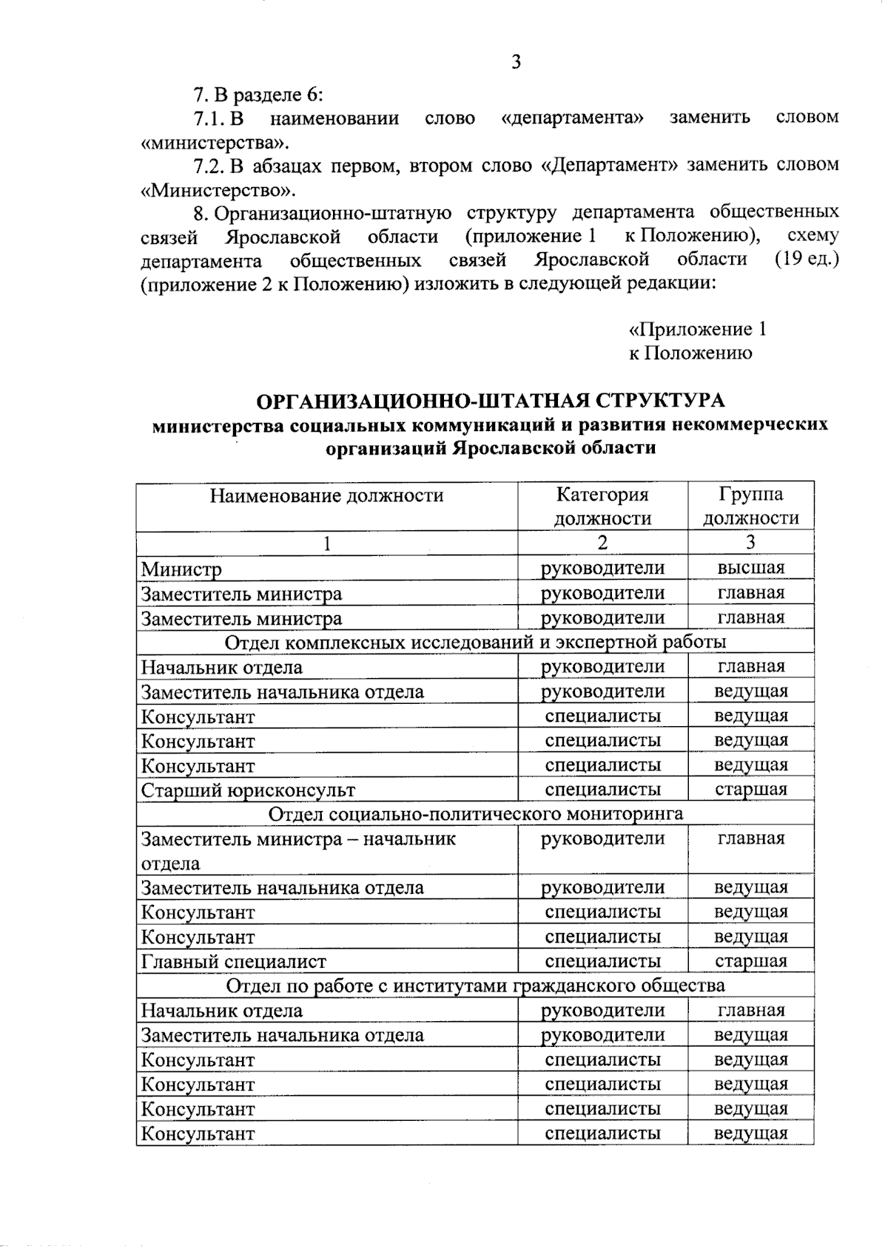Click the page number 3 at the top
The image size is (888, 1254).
516,62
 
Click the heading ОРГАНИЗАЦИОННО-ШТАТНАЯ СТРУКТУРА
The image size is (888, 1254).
490,401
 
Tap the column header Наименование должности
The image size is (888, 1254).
326,495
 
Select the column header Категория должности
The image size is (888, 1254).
602,506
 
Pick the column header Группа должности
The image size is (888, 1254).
750,506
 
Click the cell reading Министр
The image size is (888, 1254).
181,569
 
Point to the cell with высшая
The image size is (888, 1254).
750,568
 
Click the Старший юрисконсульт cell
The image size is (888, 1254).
248,790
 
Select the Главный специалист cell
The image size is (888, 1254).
234,962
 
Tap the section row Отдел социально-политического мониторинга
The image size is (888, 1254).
475,815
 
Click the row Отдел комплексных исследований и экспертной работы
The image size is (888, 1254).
475,643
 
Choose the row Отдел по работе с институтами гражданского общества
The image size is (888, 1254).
475,986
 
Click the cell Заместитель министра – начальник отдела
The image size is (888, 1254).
298,850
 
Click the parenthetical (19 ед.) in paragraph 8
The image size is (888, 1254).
807,260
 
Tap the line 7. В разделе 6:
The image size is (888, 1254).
259,95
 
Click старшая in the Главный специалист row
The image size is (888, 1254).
750,961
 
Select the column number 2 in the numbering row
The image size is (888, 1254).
602,543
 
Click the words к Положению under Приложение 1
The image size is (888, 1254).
690,353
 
